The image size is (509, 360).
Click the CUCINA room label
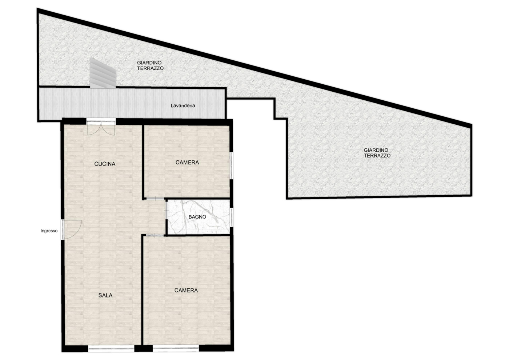pyautogui.click(x=105, y=164)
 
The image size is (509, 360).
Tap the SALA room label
pyautogui.click(x=105, y=295)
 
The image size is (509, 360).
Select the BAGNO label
pyautogui.click(x=197, y=217)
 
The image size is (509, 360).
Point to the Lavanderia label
pyautogui.click(x=183, y=106)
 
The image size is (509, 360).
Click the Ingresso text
pyautogui.click(x=49, y=231)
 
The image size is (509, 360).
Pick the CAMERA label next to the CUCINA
pyautogui.click(x=187, y=162)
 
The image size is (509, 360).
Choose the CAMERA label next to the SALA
pyautogui.click(x=186, y=290)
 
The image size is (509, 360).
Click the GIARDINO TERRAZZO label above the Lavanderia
pyautogui.click(x=150, y=65)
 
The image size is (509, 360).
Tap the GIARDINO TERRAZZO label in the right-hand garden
pyautogui.click(x=377, y=153)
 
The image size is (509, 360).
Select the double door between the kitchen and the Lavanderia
pyautogui.click(x=101, y=127)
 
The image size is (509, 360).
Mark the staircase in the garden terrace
pyautogui.click(x=103, y=73)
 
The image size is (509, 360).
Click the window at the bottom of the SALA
pyautogui.click(x=111, y=348)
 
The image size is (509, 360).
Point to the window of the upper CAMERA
pyautogui.click(x=231, y=165)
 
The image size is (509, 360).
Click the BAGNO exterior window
pyautogui.click(x=231, y=217)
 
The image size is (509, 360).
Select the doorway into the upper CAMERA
pyautogui.click(x=155, y=199)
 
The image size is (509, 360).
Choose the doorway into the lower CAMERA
pyautogui.click(x=155, y=235)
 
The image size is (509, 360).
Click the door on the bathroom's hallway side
pyautogui.click(x=167, y=210)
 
